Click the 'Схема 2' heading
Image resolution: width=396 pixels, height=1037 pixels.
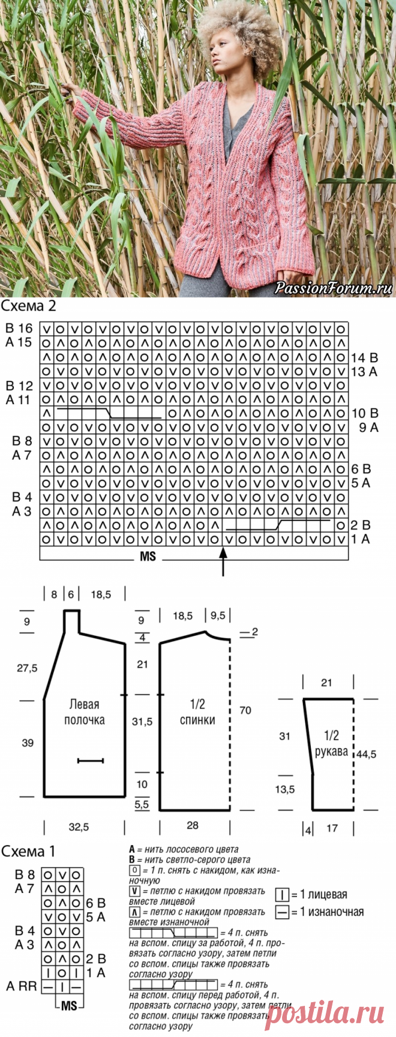[x=29, y=306]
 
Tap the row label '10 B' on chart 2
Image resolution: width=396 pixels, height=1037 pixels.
[x=365, y=413]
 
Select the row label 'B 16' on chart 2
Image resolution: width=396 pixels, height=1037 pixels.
[x=19, y=329]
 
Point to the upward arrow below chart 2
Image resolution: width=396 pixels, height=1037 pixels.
[x=224, y=564]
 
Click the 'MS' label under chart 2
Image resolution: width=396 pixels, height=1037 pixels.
[x=148, y=557]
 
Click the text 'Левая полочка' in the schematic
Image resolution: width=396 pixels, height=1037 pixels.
[x=85, y=712]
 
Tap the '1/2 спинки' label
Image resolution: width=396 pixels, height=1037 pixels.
[x=197, y=712]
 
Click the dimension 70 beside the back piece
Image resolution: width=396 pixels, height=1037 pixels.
[x=245, y=711]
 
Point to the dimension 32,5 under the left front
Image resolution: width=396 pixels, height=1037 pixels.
[x=79, y=827]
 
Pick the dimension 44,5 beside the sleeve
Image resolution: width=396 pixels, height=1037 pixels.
[x=365, y=755]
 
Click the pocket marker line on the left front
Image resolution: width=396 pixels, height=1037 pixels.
[x=91, y=761]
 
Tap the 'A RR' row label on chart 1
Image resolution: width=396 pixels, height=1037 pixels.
[x=22, y=986]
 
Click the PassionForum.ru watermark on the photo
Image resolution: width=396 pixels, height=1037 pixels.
[x=333, y=288]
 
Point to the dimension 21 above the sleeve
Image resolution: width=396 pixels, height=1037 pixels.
[x=326, y=683]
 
